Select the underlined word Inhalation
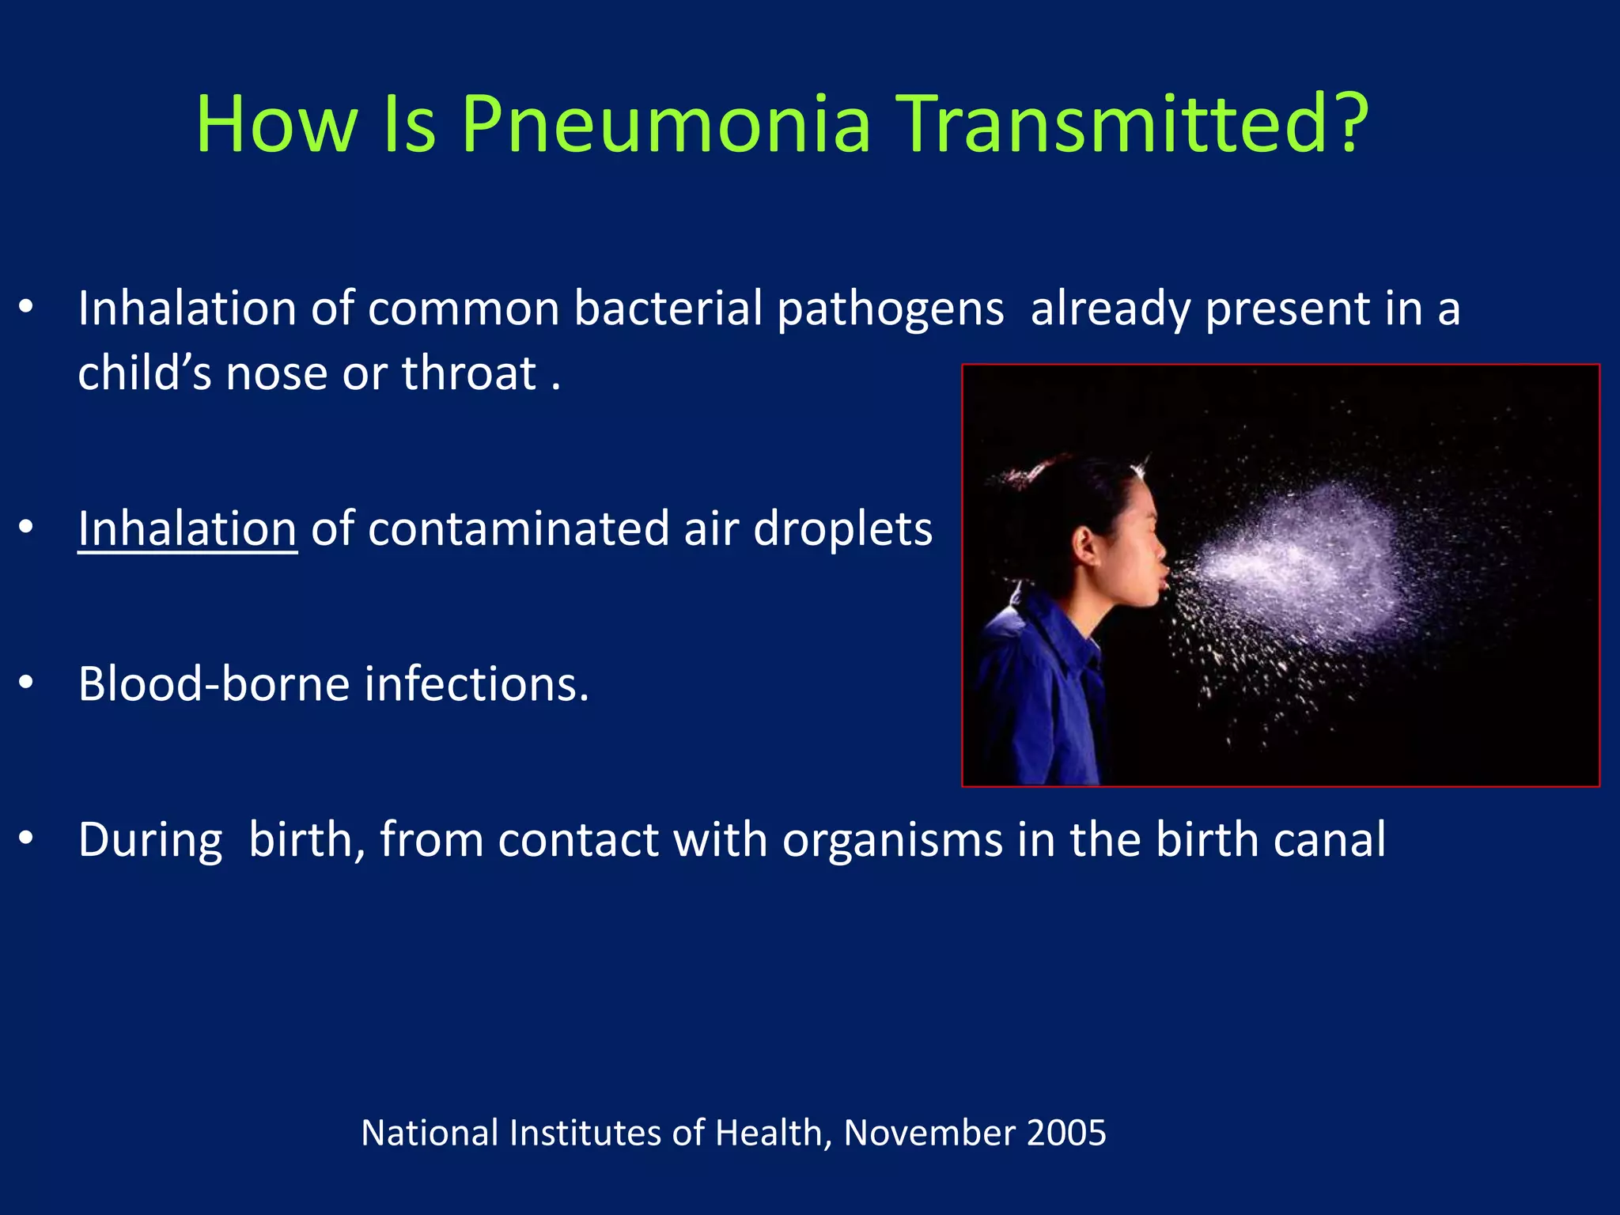187,528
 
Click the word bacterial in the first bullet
668,308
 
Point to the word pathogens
891,309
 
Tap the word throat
469,373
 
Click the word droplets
842,528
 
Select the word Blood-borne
214,683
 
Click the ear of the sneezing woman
1084,545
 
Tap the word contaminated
518,528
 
